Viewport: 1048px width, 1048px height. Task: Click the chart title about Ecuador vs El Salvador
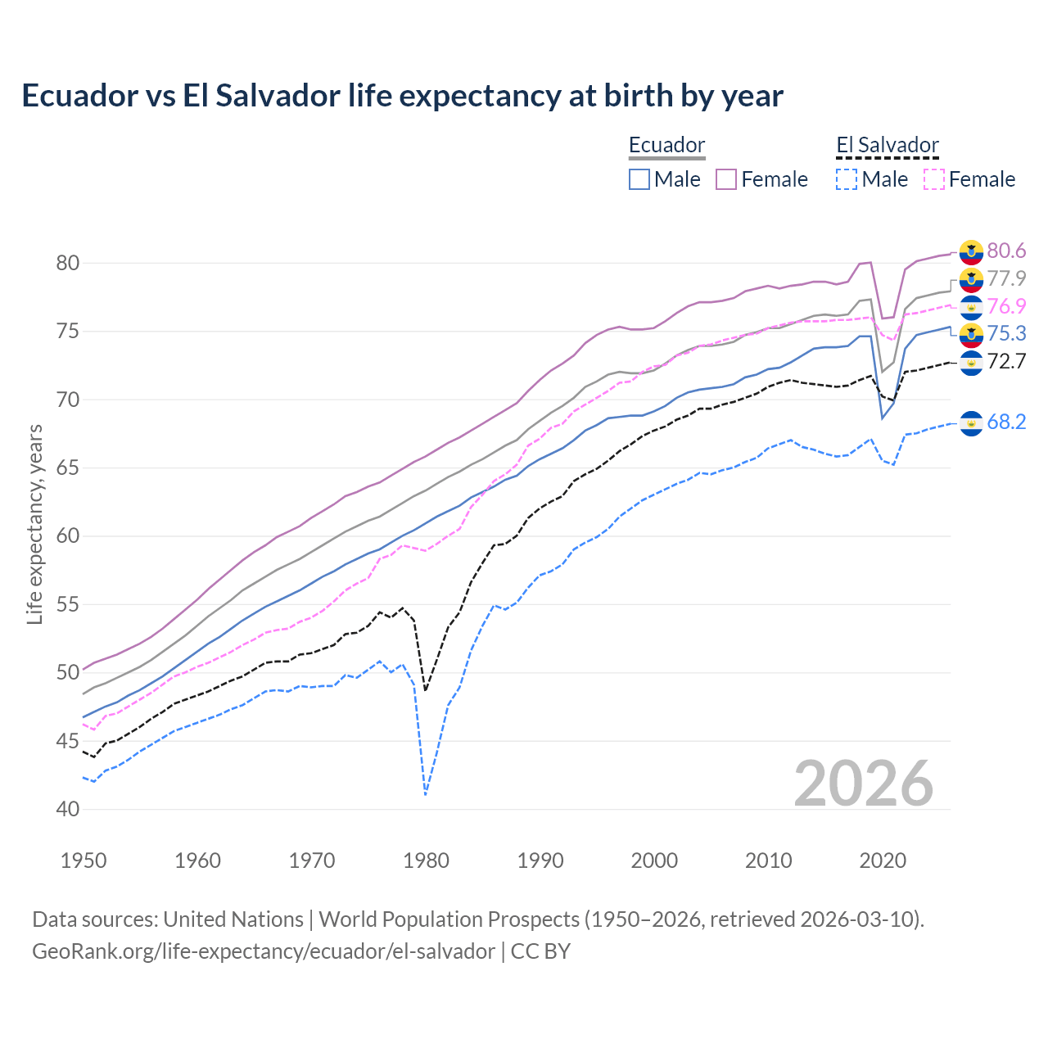(x=402, y=96)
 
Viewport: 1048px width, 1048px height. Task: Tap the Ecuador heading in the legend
(x=666, y=146)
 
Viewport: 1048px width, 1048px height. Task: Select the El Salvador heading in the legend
(x=887, y=146)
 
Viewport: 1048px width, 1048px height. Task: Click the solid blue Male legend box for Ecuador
(x=639, y=179)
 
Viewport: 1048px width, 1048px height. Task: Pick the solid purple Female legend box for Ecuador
(x=726, y=179)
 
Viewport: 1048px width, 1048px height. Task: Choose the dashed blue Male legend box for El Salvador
(x=847, y=179)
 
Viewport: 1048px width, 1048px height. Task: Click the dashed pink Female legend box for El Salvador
(x=933, y=179)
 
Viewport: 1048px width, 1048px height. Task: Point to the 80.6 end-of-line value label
(x=1006, y=251)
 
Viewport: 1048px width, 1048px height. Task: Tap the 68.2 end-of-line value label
(x=1006, y=422)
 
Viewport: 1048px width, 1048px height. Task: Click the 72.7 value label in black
(x=1006, y=361)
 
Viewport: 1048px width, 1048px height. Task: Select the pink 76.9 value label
(x=1006, y=306)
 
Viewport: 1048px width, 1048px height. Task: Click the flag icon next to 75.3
(x=971, y=333)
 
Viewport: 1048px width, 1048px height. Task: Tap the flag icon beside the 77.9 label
(x=971, y=279)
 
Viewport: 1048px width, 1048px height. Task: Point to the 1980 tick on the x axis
(x=427, y=861)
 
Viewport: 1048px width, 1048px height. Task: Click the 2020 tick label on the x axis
(x=883, y=861)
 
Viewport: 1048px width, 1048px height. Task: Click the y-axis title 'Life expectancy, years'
(x=34, y=524)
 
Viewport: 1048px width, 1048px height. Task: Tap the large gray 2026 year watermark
(x=864, y=784)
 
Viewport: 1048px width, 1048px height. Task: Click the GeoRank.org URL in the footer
(x=263, y=951)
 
